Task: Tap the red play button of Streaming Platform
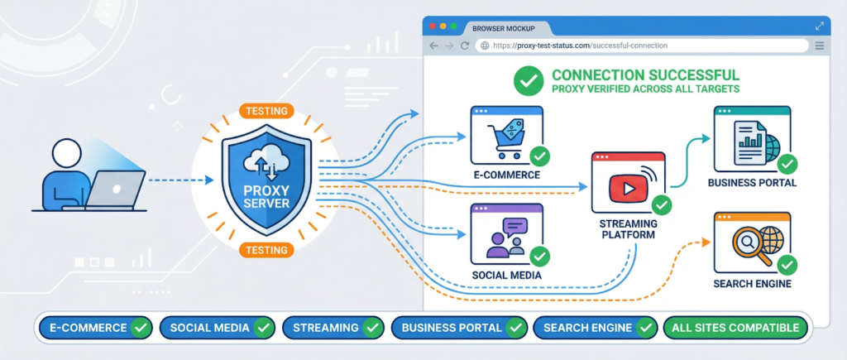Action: point(624,188)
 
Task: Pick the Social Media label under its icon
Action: point(505,275)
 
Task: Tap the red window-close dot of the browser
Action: point(432,26)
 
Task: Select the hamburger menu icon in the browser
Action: point(819,46)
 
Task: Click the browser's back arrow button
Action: point(434,46)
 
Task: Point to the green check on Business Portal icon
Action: point(787,163)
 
